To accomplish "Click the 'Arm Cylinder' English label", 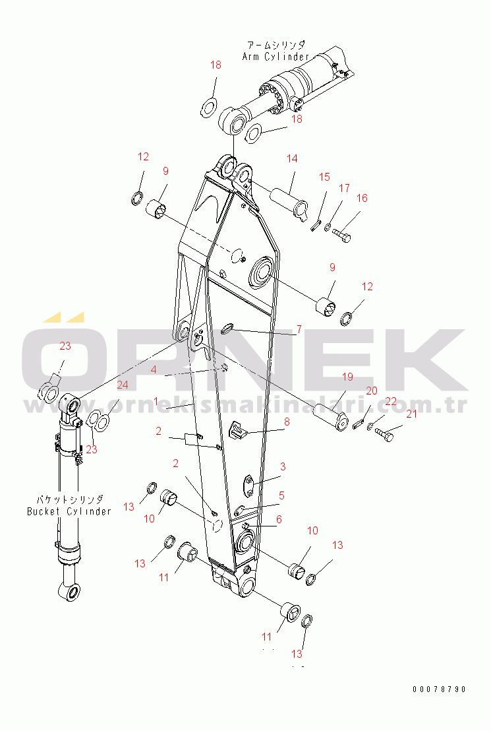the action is [x=275, y=57].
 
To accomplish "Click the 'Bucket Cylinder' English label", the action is [x=69, y=511].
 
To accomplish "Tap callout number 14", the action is [x=292, y=158].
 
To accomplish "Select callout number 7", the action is [x=299, y=330].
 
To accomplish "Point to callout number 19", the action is [x=347, y=377].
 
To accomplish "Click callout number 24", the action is [x=123, y=385].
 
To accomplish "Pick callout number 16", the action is [x=362, y=198].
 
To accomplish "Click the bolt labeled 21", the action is [x=384, y=435].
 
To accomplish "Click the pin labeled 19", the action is [x=330, y=417].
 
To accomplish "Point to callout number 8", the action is [x=287, y=422].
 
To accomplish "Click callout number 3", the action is [x=283, y=466].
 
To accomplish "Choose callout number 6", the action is [x=279, y=519].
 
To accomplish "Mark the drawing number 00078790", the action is [x=439, y=689].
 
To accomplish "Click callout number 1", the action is [x=156, y=401].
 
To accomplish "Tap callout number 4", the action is [x=154, y=369].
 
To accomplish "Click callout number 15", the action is [x=324, y=177].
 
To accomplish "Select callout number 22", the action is [x=391, y=401].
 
